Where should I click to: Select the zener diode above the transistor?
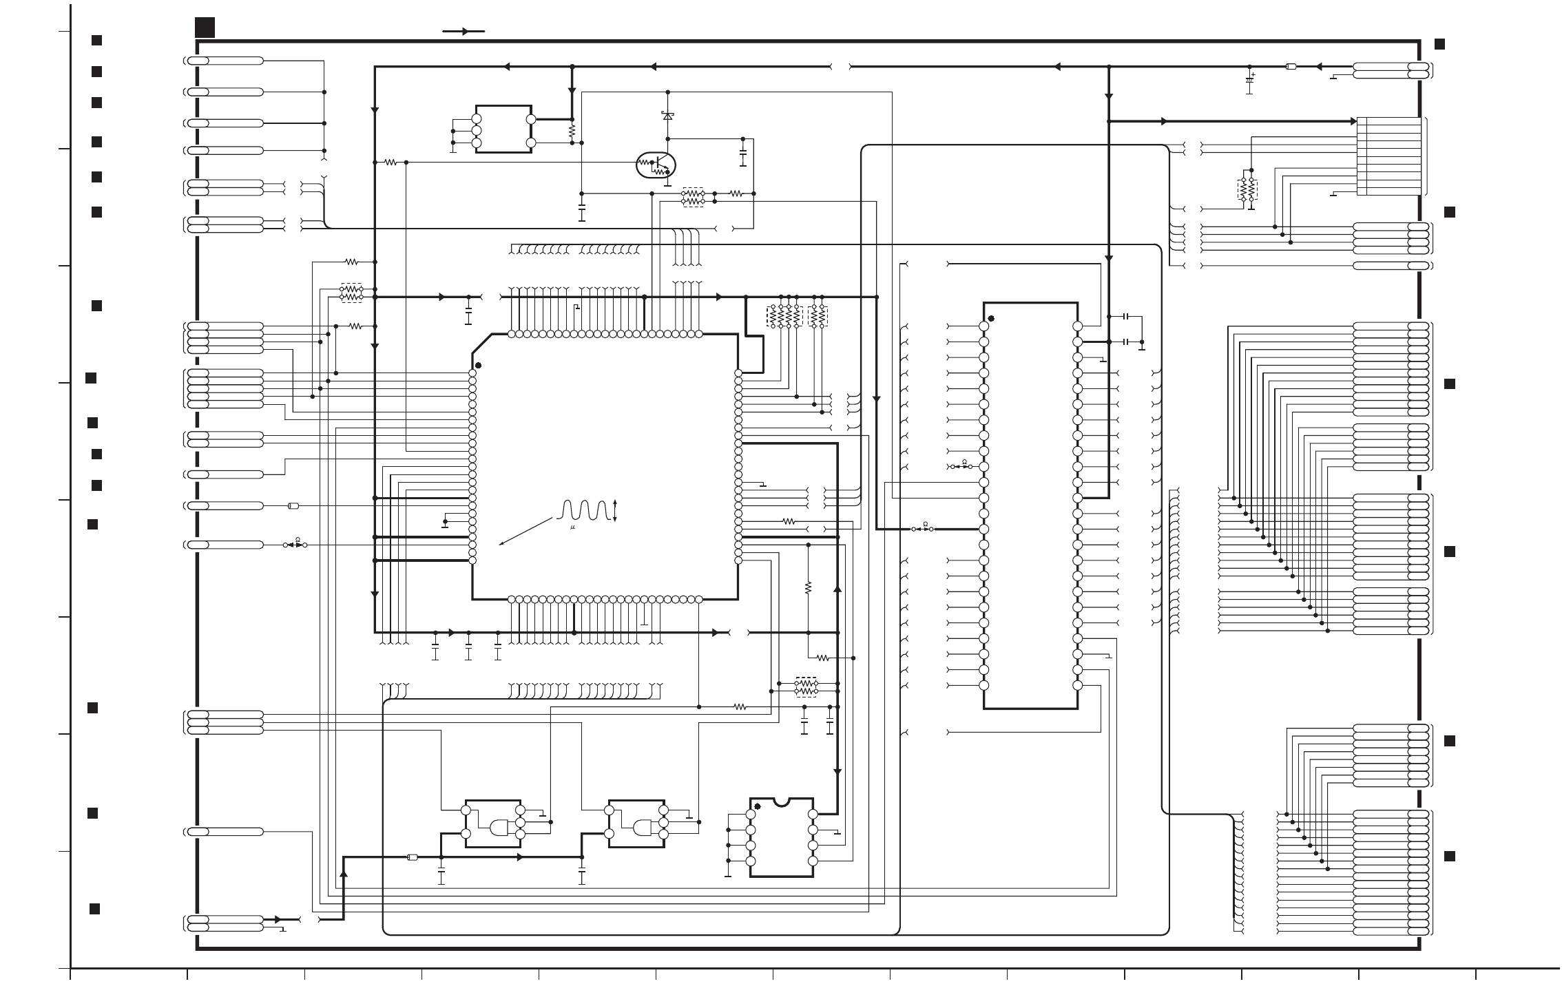click(x=667, y=116)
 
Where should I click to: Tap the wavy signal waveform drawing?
click(x=585, y=510)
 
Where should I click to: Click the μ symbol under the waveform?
click(x=573, y=527)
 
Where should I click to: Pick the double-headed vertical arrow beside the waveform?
click(x=615, y=510)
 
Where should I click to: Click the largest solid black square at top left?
click(x=205, y=28)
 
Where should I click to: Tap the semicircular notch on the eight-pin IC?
click(x=782, y=801)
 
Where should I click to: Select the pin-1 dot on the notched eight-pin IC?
click(x=758, y=806)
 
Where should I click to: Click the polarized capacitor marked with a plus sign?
click(x=1249, y=81)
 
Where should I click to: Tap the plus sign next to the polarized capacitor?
click(x=1253, y=74)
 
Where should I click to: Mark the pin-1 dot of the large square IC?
click(x=478, y=366)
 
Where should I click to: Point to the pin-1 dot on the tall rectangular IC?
click(x=991, y=319)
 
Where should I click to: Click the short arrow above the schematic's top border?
click(x=464, y=31)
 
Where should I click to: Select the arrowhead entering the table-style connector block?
click(x=1353, y=121)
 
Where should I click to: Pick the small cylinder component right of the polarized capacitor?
click(x=1291, y=67)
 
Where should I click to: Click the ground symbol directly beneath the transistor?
click(x=667, y=183)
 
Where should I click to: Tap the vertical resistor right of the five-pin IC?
click(x=572, y=130)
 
